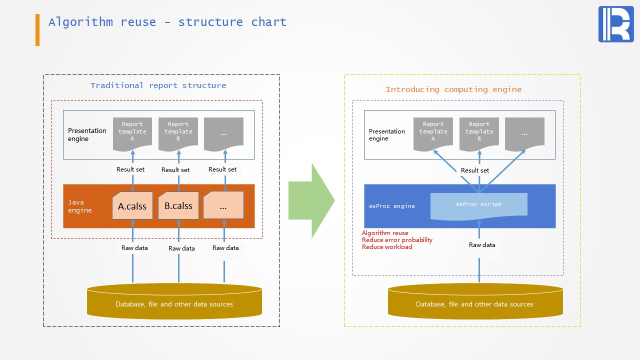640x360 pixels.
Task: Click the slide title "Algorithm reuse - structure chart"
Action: [x=167, y=22]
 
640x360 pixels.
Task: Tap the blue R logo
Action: [x=615, y=24]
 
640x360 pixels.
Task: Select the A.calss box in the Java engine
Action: [x=132, y=205]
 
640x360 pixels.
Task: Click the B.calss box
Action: [x=178, y=205]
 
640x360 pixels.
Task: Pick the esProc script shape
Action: [x=478, y=205]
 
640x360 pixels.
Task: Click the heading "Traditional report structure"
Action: [x=158, y=85]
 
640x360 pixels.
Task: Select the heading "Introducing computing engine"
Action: [x=453, y=89]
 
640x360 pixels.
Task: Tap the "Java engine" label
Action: [x=80, y=206]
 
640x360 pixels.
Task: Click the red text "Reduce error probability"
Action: [x=397, y=240]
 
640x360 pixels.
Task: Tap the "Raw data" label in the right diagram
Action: [x=482, y=245]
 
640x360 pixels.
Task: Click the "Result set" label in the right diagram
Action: [x=475, y=170]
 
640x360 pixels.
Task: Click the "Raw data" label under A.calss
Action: [x=134, y=248]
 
